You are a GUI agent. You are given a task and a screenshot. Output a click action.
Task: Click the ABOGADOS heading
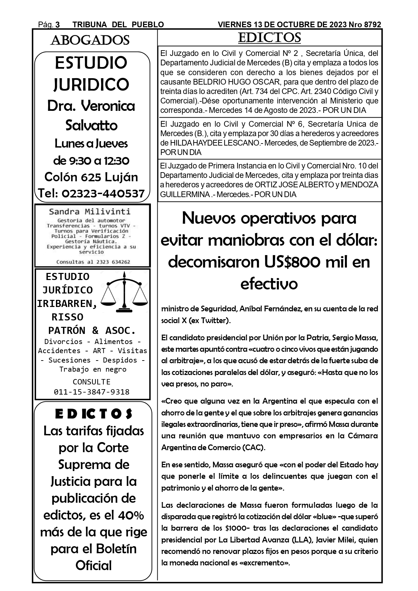tap(90, 40)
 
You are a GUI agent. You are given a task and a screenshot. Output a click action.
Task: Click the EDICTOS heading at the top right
tap(269, 38)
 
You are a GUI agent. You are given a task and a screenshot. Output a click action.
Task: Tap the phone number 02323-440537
tap(103, 193)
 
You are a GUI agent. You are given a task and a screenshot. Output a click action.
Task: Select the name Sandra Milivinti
tap(90, 212)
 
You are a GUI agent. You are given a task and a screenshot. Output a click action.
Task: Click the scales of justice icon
tap(125, 292)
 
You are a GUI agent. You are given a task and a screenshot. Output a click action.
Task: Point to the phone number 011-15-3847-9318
tap(92, 392)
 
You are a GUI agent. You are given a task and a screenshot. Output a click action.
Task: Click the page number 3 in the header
tap(58, 25)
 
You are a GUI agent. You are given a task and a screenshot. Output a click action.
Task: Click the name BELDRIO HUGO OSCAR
tap(230, 82)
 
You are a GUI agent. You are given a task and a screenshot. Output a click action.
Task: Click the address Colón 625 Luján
tap(91, 177)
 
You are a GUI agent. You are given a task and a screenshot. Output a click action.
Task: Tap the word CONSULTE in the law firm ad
tap(92, 382)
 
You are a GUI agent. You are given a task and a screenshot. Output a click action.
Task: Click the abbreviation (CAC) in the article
tap(254, 447)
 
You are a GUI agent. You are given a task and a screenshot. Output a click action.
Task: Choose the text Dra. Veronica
tap(91, 106)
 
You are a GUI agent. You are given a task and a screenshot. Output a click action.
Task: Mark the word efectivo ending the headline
tap(269, 284)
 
